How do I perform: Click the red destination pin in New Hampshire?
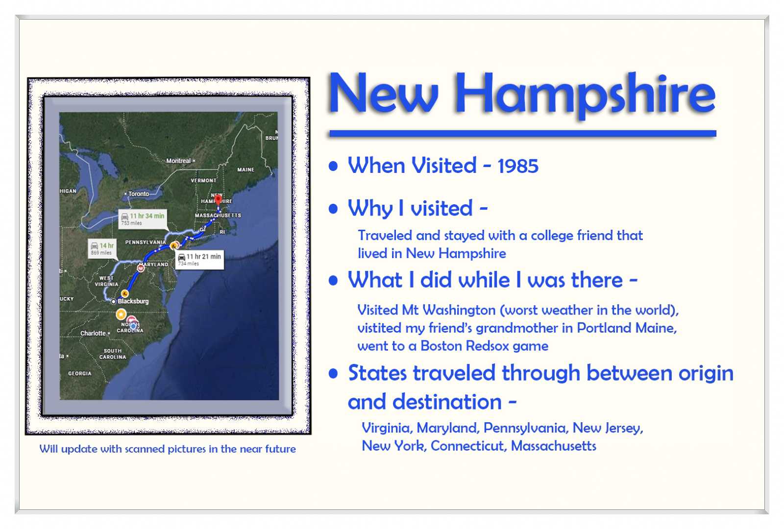click(218, 199)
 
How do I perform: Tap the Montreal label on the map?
click(178, 161)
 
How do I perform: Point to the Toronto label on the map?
click(139, 194)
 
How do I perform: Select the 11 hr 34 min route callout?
click(143, 218)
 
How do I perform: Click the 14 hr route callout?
click(102, 248)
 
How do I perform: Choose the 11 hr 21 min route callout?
click(199, 259)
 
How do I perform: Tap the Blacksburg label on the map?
click(133, 301)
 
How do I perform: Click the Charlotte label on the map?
click(93, 333)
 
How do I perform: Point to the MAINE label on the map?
click(245, 169)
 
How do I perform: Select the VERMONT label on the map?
click(203, 180)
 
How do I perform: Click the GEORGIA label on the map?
click(79, 373)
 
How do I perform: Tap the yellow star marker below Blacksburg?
click(121, 314)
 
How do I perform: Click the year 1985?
click(518, 166)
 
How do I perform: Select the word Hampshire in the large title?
click(585, 94)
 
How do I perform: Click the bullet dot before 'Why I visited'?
click(334, 209)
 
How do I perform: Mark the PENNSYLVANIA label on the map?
click(146, 242)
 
